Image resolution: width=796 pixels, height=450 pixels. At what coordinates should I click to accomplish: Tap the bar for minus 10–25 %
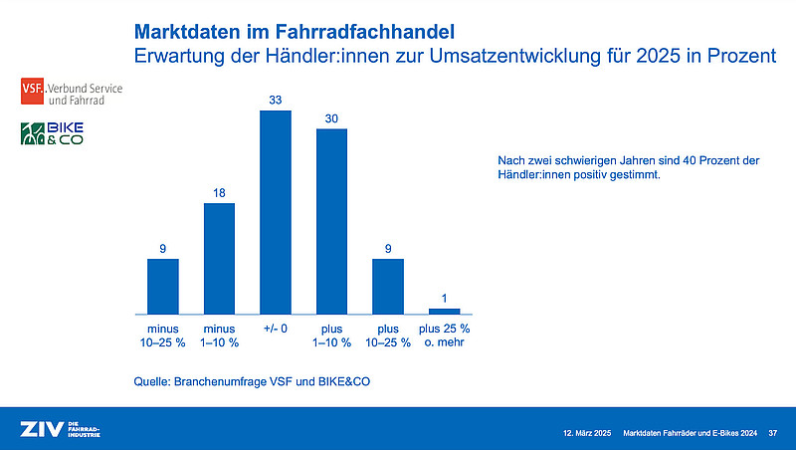coord(163,287)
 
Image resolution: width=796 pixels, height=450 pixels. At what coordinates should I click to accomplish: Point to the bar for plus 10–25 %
coord(388,287)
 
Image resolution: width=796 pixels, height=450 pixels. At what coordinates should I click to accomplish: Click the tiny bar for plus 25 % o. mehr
coord(444,311)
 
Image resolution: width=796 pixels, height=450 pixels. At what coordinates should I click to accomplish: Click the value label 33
coord(276,98)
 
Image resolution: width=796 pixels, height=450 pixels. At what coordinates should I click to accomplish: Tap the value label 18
coord(219,190)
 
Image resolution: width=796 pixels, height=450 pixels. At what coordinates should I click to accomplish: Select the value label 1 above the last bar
coord(444,296)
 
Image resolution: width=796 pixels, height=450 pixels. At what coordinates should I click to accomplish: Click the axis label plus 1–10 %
coord(331,336)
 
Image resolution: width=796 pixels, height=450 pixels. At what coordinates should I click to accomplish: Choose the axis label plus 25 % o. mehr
coord(444,336)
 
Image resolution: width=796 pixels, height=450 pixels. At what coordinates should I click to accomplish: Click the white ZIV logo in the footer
coord(41,430)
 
